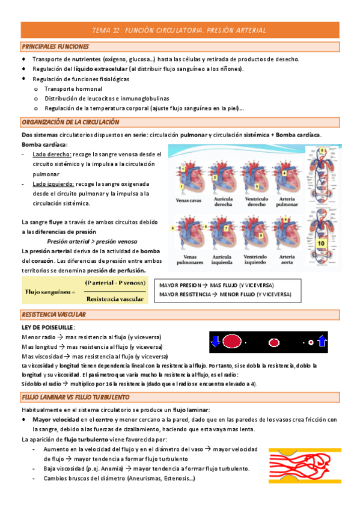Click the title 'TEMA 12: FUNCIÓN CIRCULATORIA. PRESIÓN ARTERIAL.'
pyautogui.click(x=180, y=29)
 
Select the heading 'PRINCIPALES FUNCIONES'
pyautogui.click(x=55, y=46)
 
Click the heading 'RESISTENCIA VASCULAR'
pyautogui.click(x=53, y=315)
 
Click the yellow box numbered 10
pyautogui.click(x=321, y=243)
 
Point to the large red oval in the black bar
pyautogui.click(x=232, y=342)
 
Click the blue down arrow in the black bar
pyautogui.click(x=215, y=342)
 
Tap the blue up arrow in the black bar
pyautogui.click(x=322, y=342)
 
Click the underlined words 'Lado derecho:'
pyautogui.click(x=52, y=155)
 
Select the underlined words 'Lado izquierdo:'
pyautogui.click(x=53, y=184)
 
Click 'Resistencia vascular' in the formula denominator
pyautogui.click(x=115, y=298)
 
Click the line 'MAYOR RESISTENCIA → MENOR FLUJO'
pyautogui.click(x=225, y=295)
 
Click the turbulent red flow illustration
pyautogui.click(x=303, y=464)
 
